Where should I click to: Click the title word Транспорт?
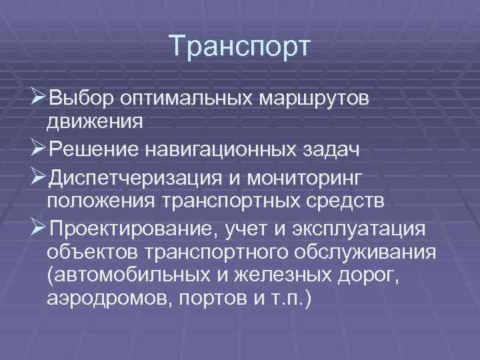tap(240, 47)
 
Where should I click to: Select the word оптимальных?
tap(187, 99)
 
